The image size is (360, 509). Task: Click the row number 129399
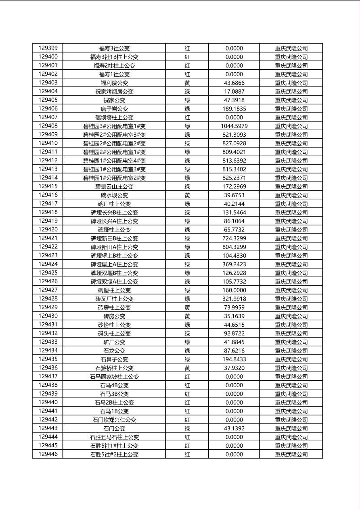[48, 48]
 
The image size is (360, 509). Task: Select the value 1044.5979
[234, 126]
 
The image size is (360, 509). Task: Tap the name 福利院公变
[114, 83]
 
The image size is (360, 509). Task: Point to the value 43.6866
[234, 83]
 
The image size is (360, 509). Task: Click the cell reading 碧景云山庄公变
[114, 187]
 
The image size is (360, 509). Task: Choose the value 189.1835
[234, 109]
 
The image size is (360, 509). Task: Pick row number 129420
[48, 230]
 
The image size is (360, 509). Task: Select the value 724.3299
[234, 238]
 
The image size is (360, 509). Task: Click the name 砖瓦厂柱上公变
[114, 299]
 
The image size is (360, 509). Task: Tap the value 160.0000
[234, 290]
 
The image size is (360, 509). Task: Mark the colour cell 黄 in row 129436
[187, 368]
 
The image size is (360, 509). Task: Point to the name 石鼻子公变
[114, 359]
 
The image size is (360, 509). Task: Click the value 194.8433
[234, 359]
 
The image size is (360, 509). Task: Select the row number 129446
[48, 455]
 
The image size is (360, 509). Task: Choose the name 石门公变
[114, 428]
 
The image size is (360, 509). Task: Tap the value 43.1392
[234, 428]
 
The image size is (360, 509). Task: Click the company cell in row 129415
[291, 187]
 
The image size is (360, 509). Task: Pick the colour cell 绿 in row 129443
[187, 428]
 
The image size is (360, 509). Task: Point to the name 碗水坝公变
[114, 195]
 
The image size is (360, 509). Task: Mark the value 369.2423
[234, 265]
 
